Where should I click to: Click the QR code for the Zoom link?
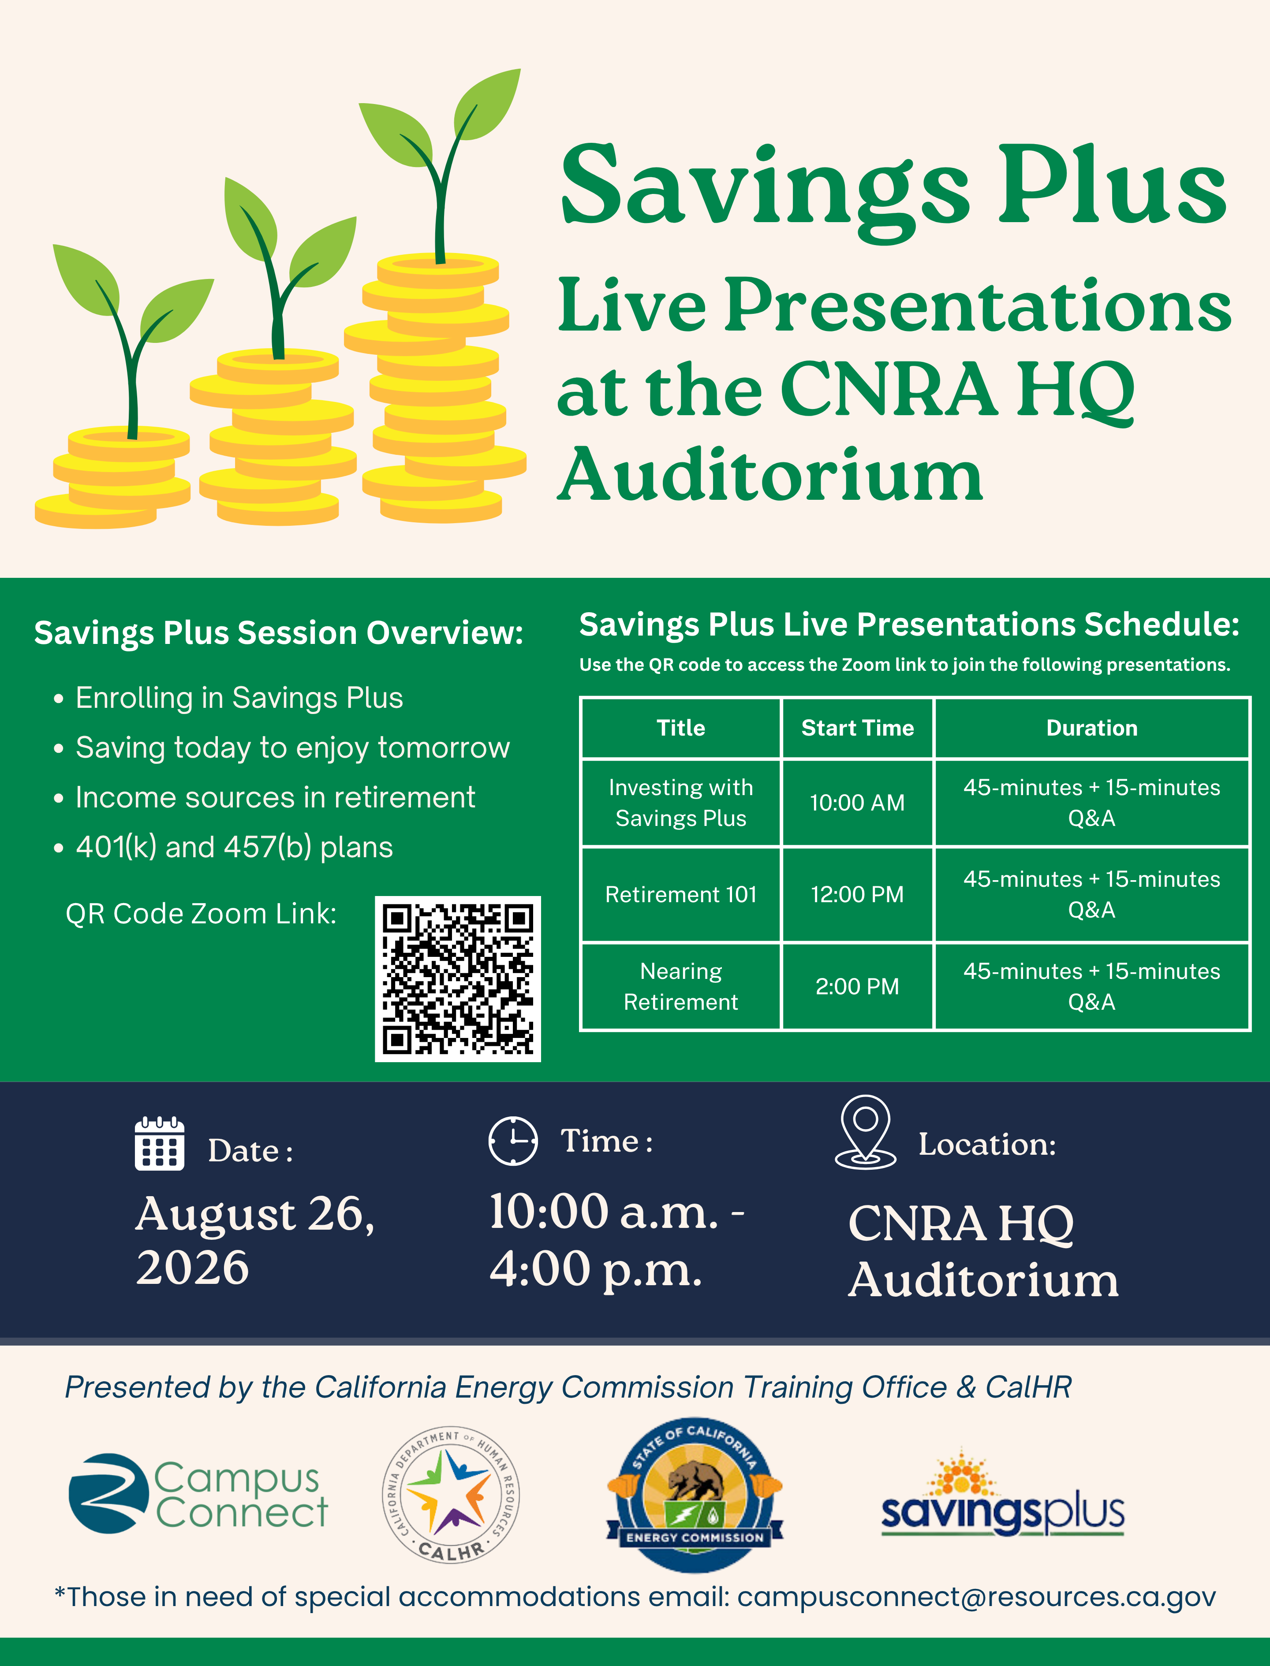pos(457,978)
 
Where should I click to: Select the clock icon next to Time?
pos(513,1140)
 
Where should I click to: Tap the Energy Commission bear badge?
pos(695,1495)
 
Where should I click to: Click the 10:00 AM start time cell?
pos(857,803)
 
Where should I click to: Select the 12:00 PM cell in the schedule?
pos(857,895)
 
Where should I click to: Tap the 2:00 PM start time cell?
pos(857,986)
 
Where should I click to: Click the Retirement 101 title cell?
pos(680,895)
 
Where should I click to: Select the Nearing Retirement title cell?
pos(680,986)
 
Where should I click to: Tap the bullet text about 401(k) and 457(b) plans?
pos(234,848)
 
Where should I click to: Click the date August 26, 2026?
pos(255,1240)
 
